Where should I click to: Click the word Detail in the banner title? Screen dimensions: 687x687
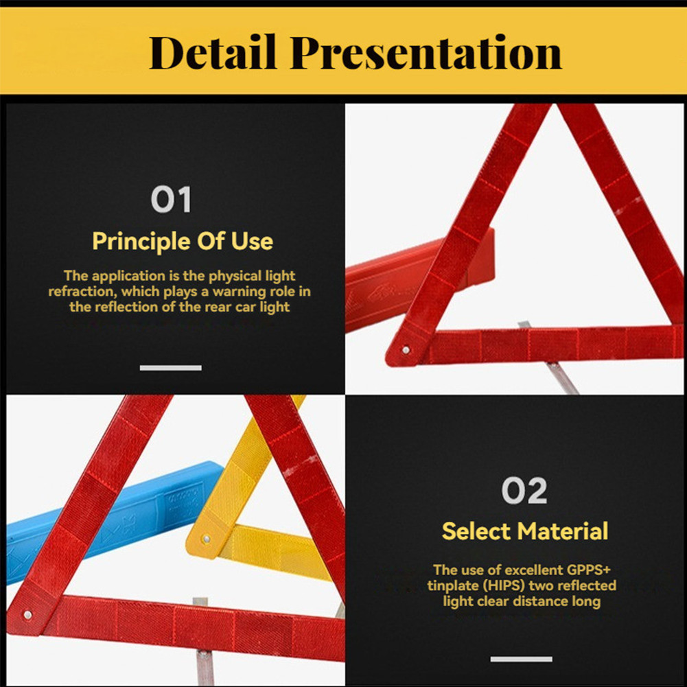click(213, 52)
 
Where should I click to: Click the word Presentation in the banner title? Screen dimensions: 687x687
click(426, 53)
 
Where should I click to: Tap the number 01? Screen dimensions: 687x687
click(171, 199)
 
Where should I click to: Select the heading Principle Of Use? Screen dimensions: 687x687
click(183, 241)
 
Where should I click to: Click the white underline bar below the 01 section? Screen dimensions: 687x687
click(171, 368)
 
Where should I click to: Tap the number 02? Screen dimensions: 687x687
click(524, 490)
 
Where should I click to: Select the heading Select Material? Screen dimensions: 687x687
click(525, 531)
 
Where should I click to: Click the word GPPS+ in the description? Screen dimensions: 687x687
click(588, 570)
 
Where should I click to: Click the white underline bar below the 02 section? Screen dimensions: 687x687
click(522, 659)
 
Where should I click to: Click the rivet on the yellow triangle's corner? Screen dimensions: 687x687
click(207, 539)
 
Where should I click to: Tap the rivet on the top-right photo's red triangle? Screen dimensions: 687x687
click(406, 350)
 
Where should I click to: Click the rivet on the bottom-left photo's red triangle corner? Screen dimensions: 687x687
click(27, 615)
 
